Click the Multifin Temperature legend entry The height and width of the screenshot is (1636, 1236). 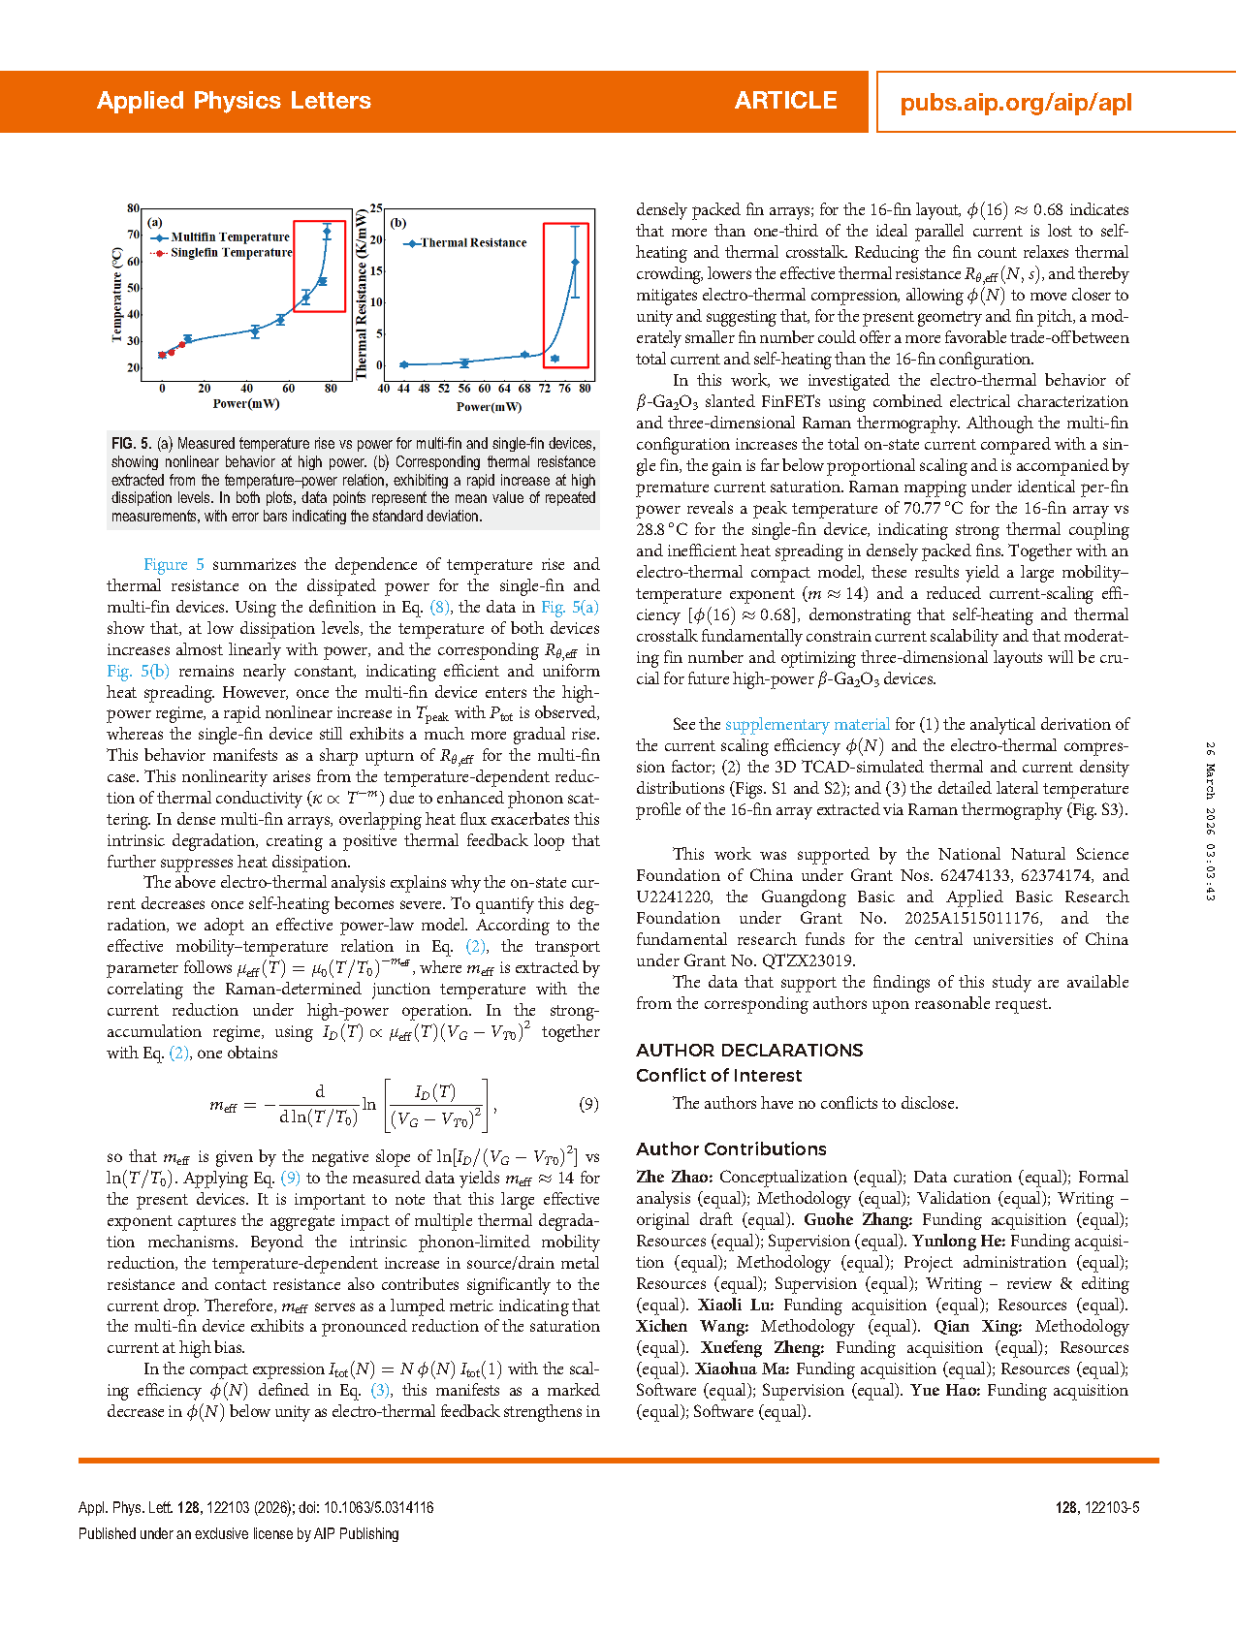tap(230, 236)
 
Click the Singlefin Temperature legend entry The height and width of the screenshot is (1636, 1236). tap(231, 252)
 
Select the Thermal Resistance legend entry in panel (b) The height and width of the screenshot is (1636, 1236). tap(473, 243)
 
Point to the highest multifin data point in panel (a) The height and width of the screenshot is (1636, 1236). tap(327, 233)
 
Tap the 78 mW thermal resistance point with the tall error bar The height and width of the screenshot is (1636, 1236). tap(576, 263)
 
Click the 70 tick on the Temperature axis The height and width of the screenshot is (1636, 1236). tap(134, 235)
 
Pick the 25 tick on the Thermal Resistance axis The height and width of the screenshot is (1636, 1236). tap(376, 208)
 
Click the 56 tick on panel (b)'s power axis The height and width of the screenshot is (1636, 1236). tap(464, 388)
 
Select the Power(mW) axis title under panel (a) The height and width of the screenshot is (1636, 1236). tap(246, 403)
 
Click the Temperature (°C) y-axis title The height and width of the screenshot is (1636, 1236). tap(117, 295)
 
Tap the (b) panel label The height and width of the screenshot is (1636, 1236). tap(398, 223)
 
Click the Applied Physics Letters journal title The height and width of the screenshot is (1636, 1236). tap(234, 101)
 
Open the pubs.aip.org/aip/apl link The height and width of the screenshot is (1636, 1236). tap(1016, 103)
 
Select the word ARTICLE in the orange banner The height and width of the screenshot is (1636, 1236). tap(785, 101)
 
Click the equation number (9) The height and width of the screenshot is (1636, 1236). tap(588, 1104)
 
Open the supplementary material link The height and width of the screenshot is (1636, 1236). tap(807, 724)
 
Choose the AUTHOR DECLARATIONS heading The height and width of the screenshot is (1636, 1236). tap(749, 1050)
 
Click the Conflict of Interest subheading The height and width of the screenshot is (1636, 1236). tap(718, 1075)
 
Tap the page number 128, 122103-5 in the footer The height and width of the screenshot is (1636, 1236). tap(1097, 1507)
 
